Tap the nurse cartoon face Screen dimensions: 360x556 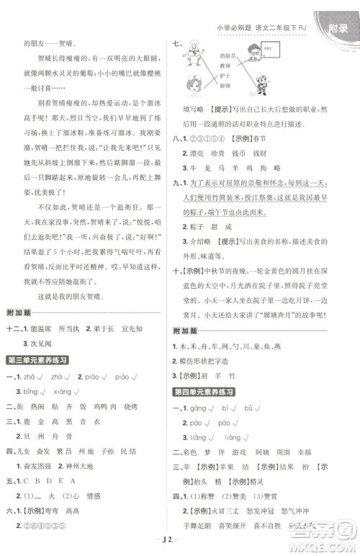tap(197, 87)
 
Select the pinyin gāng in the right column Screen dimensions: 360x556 tap(202, 408)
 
